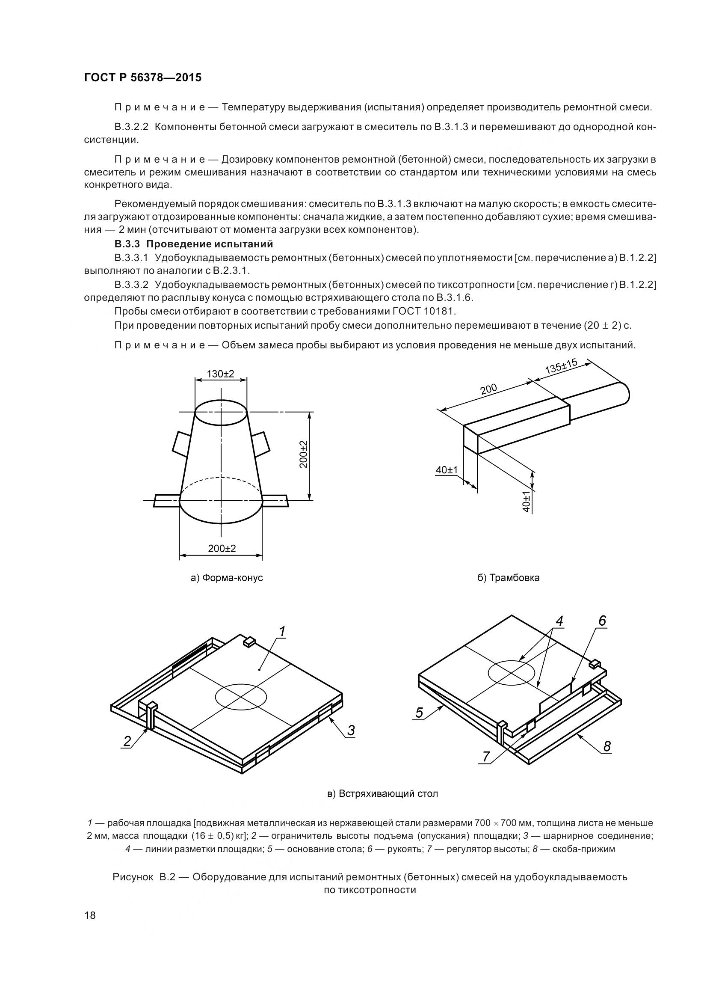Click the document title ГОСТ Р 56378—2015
(x=142, y=78)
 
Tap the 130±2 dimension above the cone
(x=220, y=374)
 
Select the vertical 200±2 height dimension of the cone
(x=303, y=454)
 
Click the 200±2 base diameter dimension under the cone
(x=222, y=549)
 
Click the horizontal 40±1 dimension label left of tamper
(x=447, y=470)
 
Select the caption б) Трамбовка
(x=509, y=578)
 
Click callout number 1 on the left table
(x=282, y=631)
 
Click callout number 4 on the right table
(x=559, y=621)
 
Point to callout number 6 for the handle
(x=602, y=621)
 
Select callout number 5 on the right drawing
(x=419, y=713)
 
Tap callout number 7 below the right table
(x=486, y=757)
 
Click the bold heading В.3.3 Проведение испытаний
(x=194, y=244)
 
